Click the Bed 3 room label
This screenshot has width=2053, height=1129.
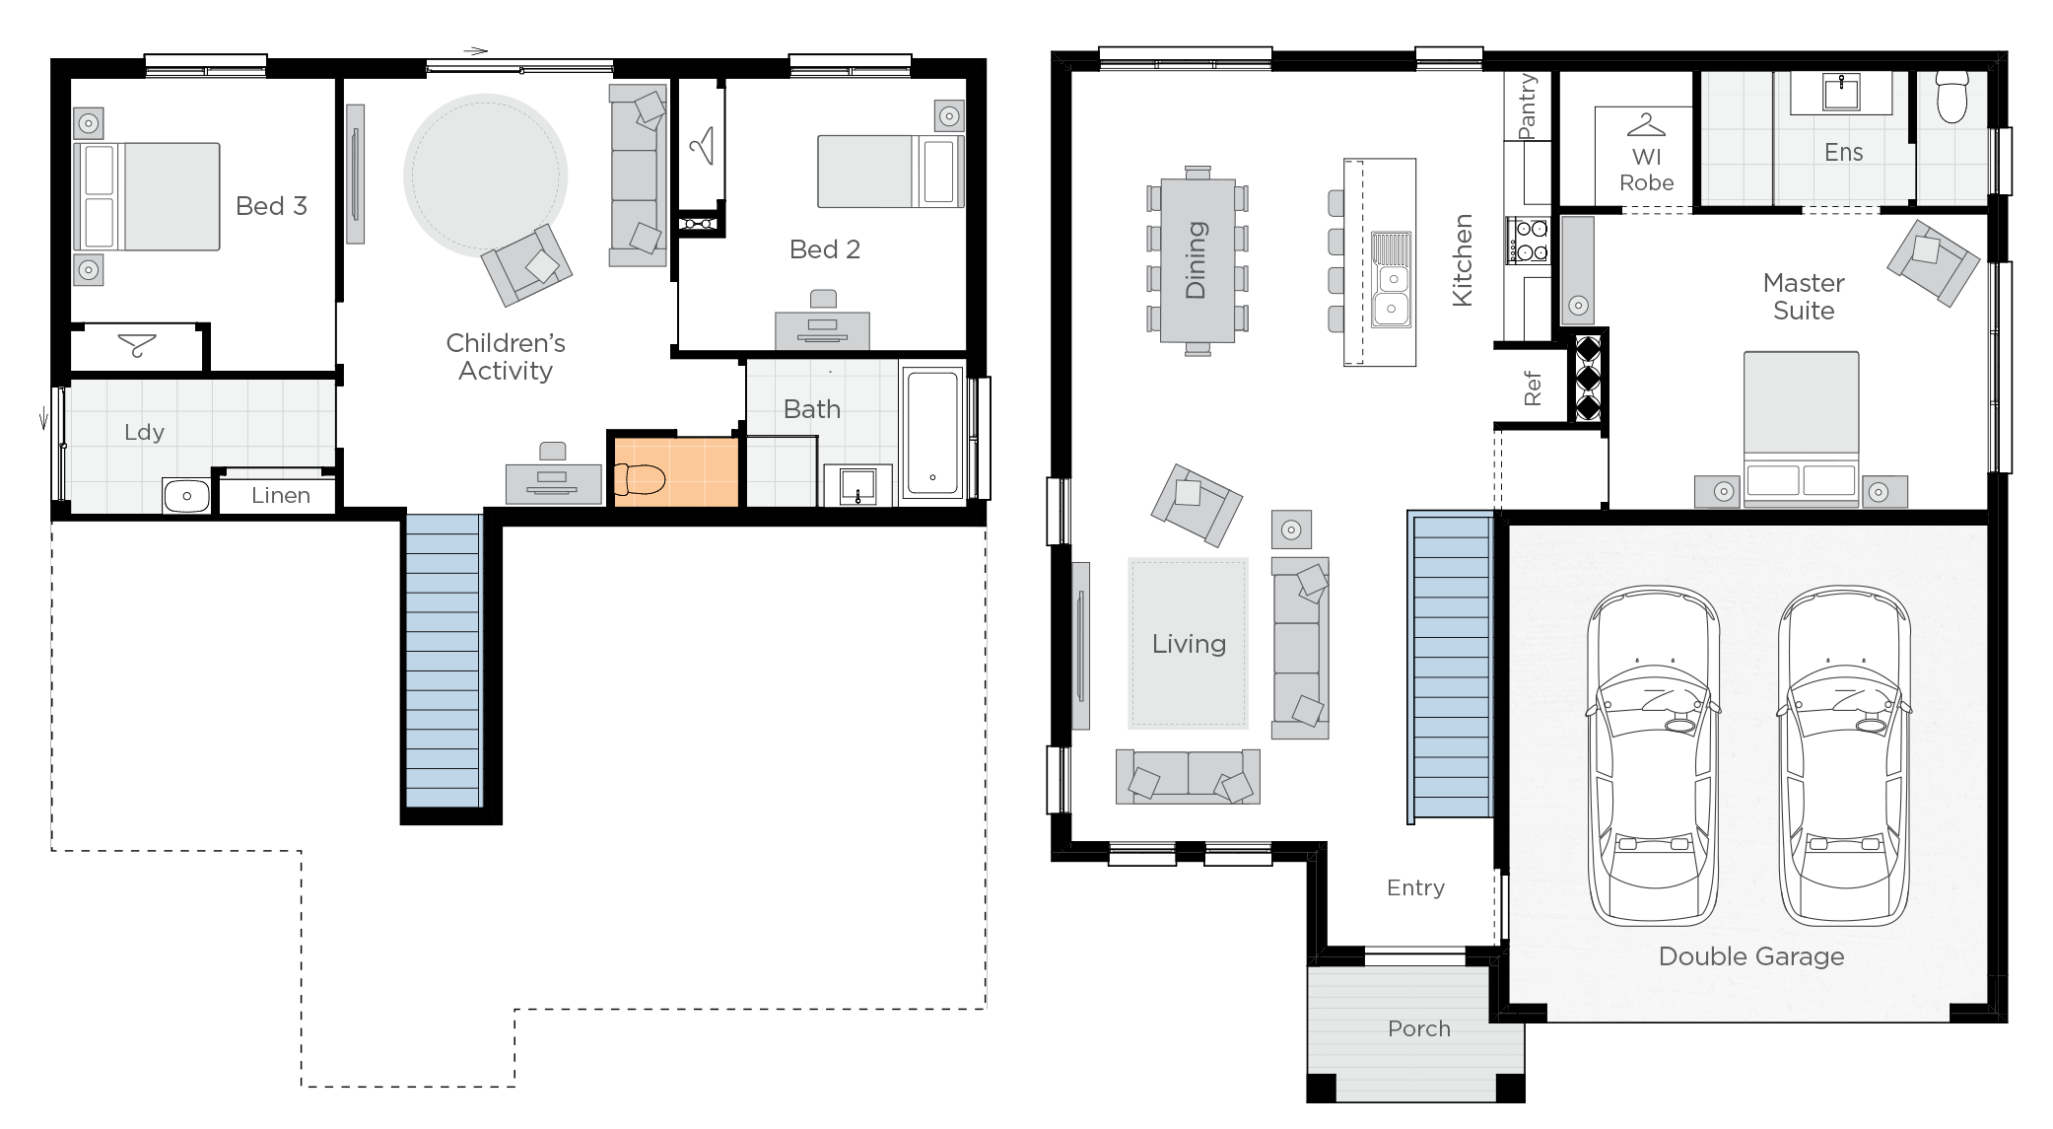[x=271, y=206]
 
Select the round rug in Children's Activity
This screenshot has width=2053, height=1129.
[x=485, y=175]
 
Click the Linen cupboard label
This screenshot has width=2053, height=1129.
[x=281, y=495]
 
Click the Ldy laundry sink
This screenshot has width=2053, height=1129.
[x=186, y=495]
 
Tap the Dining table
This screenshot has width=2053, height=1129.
[x=1198, y=260]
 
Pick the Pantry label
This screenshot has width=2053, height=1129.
[x=1528, y=106]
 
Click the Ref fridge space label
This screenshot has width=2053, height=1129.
[x=1532, y=388]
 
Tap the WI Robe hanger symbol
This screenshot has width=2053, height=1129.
[x=1646, y=126]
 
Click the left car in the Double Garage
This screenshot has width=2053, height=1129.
[x=1653, y=756]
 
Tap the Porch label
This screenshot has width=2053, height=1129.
[x=1418, y=1028]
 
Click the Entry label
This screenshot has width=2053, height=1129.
[x=1415, y=887]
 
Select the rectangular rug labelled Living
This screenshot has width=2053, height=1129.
[x=1189, y=643]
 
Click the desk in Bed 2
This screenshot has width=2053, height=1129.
[x=822, y=328]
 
